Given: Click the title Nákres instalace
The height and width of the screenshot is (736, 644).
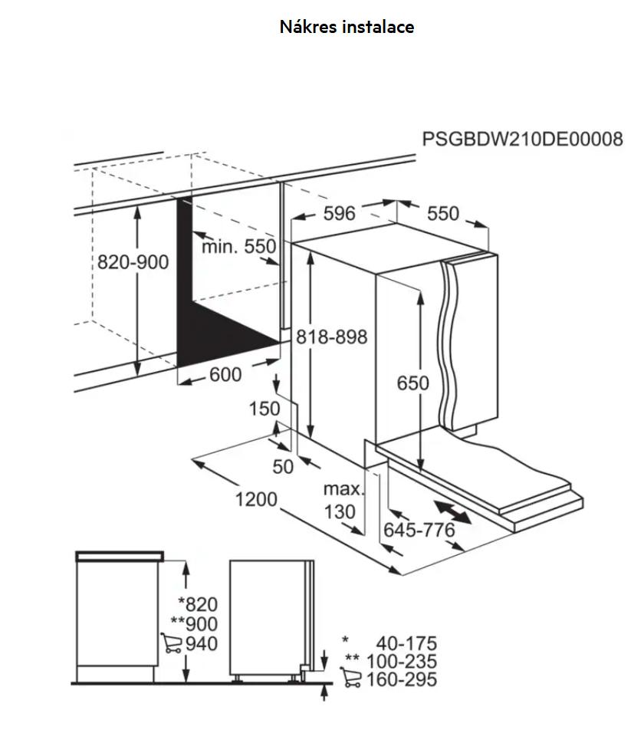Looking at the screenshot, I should tap(347, 27).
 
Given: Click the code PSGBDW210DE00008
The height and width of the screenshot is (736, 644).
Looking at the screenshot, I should tap(523, 139).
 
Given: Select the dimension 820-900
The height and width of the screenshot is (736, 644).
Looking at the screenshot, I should tap(133, 262).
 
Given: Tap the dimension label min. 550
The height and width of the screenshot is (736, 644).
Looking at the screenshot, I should tap(238, 247).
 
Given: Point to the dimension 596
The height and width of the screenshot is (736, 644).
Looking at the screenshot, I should tap(339, 213).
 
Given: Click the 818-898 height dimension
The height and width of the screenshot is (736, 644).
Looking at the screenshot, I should tap(333, 337).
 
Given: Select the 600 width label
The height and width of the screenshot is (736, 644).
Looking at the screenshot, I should tap(225, 374).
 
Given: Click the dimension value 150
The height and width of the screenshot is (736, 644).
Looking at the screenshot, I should tap(264, 409).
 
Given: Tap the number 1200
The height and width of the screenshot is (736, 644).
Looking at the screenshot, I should tap(255, 500).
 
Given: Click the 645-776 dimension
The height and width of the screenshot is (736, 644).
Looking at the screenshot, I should tap(419, 530).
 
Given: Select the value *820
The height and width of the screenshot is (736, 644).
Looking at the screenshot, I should tap(197, 605).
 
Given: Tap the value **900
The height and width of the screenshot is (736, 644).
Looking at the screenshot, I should tap(194, 624).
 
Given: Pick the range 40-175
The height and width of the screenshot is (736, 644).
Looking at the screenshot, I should tap(406, 643).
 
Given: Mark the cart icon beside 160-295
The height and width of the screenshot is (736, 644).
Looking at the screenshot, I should tap(351, 678).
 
